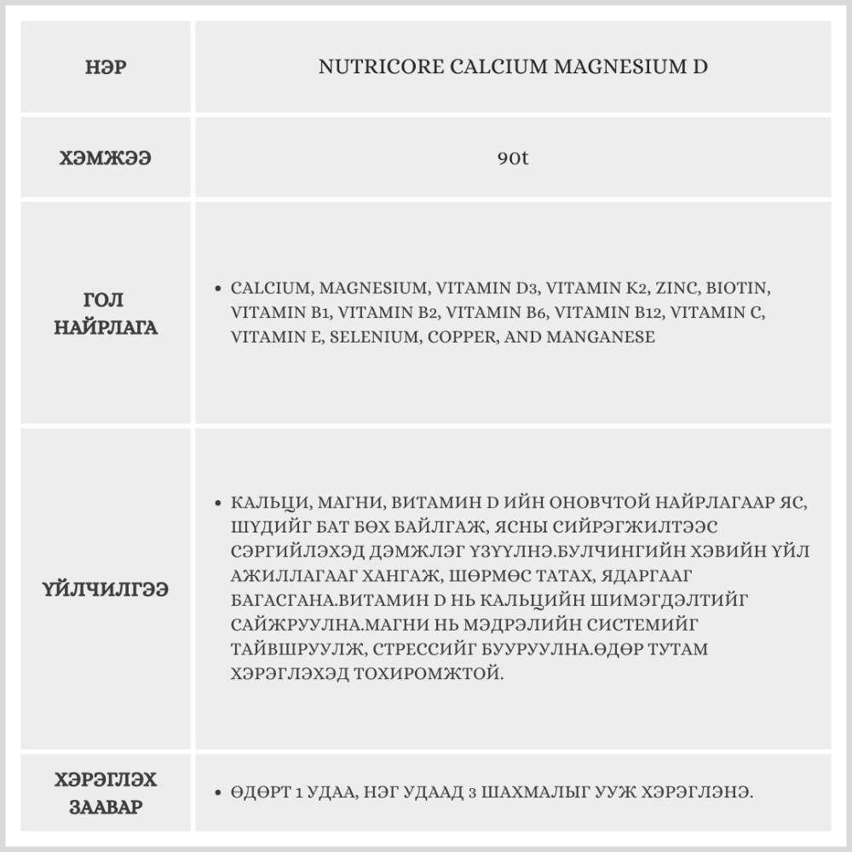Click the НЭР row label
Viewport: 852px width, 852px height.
tap(107, 67)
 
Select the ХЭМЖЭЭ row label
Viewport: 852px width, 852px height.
tap(106, 158)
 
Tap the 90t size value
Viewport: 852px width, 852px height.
tap(513, 158)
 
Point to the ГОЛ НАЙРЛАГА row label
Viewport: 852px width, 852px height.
tap(106, 314)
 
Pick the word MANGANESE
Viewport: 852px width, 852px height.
tap(602, 337)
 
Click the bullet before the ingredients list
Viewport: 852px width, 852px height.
tap(219, 288)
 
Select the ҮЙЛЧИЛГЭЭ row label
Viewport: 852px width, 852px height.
tap(106, 589)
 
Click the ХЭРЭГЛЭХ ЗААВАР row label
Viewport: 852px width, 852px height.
tap(106, 793)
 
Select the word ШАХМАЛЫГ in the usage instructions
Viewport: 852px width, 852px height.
tap(554, 793)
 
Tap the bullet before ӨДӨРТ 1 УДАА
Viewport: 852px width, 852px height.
tap(219, 793)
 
